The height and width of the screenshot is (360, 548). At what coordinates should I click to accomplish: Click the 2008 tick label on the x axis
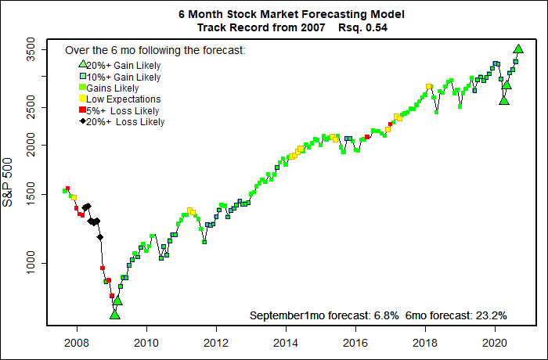coord(76,342)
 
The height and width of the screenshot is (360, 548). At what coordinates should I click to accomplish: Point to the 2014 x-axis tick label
coord(286,342)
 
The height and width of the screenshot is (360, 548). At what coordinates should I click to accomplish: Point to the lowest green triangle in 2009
coord(115,314)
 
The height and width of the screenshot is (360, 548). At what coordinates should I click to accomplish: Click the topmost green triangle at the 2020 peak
coord(518,49)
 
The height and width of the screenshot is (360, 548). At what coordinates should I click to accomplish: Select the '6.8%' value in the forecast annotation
coord(385,315)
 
